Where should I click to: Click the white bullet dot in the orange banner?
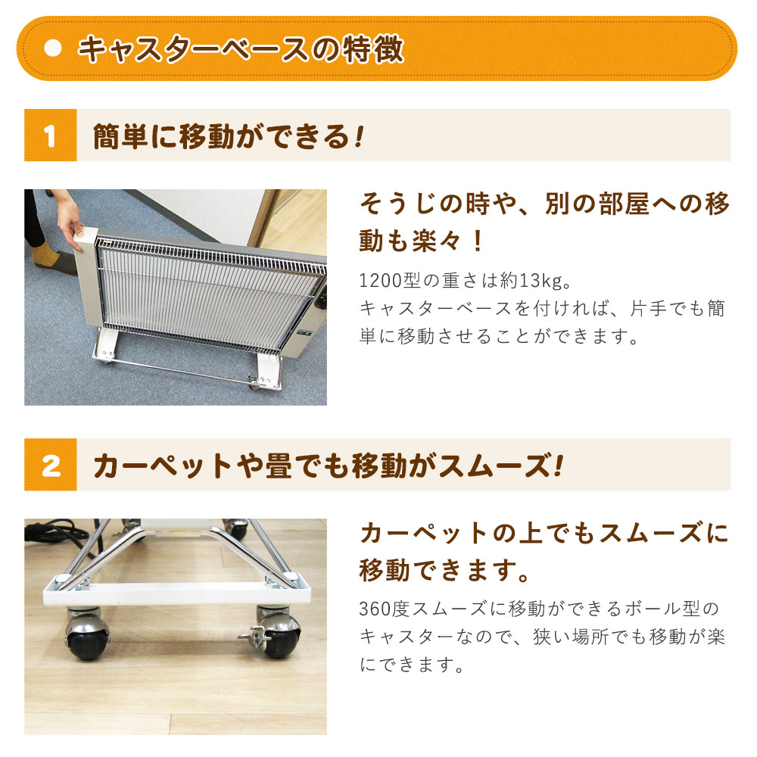[52, 48]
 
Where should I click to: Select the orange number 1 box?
[50, 136]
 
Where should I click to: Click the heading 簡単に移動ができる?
[228, 136]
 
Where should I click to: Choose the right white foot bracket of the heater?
[266, 371]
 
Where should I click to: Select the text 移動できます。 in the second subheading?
[444, 569]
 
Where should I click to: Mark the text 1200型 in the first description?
[388, 282]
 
